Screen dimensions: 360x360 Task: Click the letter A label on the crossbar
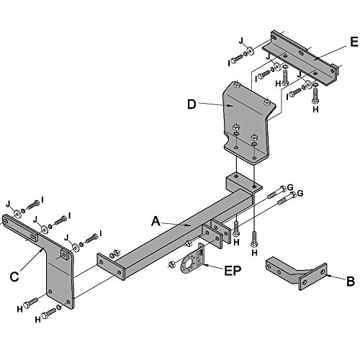(156, 221)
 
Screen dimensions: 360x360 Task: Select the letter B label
(351, 282)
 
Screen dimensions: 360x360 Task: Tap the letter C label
(14, 277)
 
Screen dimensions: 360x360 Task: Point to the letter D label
(192, 104)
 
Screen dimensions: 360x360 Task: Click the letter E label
(354, 42)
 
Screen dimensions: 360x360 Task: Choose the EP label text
(233, 271)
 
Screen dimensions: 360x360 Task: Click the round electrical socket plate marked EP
(192, 261)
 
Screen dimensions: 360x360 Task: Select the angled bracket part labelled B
(297, 273)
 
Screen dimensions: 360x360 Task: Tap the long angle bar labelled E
(302, 58)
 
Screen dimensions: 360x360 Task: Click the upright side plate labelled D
(247, 122)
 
